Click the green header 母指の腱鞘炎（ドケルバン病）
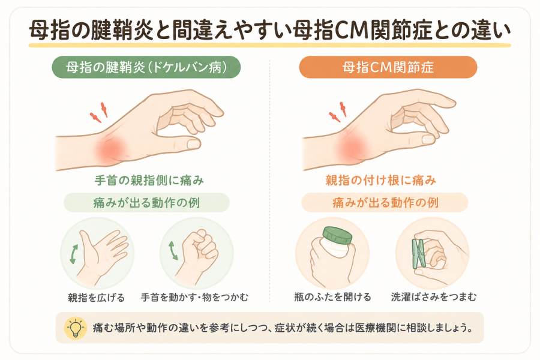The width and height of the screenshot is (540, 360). point(146,67)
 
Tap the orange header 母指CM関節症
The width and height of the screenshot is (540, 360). point(388,67)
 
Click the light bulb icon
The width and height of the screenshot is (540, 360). point(76,328)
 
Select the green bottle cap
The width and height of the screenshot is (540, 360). point(337,236)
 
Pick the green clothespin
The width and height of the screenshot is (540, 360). point(419,254)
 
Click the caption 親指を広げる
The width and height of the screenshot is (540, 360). point(96,298)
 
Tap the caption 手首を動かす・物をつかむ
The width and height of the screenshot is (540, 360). point(194,297)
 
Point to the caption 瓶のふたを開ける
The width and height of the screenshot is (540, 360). point(332,296)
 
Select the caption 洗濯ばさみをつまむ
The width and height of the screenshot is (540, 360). point(434,296)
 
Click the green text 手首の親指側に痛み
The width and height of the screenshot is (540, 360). point(149,180)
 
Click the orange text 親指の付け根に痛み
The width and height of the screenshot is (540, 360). point(381,180)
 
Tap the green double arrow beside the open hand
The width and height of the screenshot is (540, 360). point(74,254)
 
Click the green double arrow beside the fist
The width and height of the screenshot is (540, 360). point(173,250)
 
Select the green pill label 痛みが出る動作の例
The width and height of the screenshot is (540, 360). point(147,203)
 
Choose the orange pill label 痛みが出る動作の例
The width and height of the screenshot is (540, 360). point(385,203)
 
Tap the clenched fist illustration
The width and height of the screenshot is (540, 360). point(198,253)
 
